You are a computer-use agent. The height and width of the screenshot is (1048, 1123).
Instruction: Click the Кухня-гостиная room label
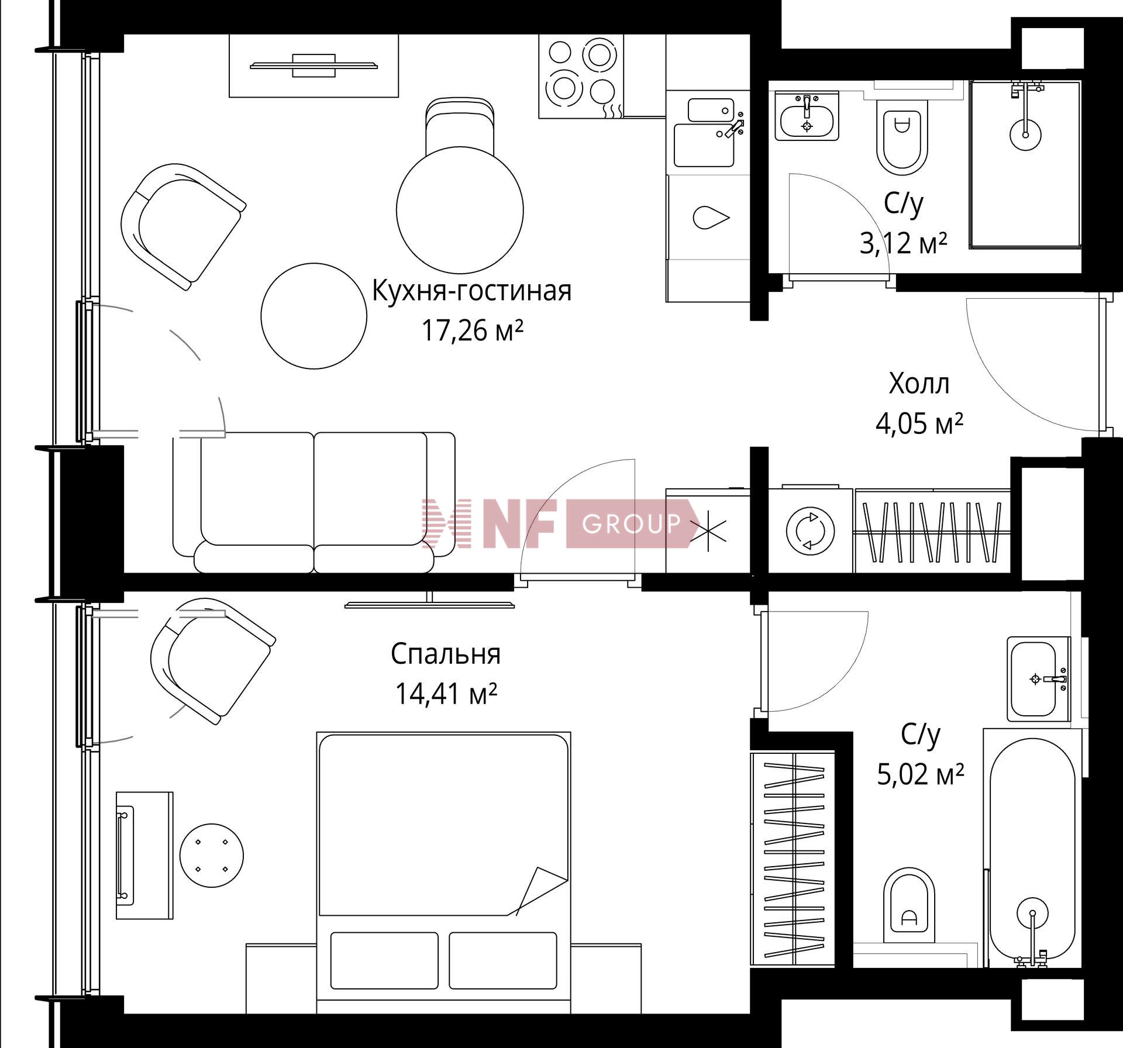(x=471, y=291)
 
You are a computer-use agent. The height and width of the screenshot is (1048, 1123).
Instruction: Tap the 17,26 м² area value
(x=472, y=331)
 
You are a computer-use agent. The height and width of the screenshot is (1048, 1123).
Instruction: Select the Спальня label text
(x=446, y=654)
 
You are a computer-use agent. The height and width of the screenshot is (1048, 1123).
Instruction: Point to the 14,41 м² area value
(x=446, y=694)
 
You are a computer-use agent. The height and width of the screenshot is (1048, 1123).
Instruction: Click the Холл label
(x=919, y=384)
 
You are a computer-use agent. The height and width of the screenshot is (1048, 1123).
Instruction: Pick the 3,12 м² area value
(x=903, y=243)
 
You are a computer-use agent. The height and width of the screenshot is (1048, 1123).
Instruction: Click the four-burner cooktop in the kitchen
(x=581, y=76)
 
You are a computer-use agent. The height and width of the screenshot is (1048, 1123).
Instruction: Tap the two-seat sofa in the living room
(x=314, y=502)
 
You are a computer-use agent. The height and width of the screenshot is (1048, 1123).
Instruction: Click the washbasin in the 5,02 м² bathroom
(x=1038, y=679)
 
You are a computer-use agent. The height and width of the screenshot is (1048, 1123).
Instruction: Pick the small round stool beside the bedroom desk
(x=211, y=856)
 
